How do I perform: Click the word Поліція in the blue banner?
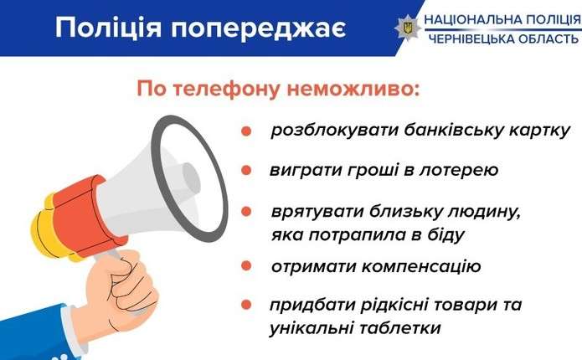click(x=108, y=28)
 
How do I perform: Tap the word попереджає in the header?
click(x=258, y=29)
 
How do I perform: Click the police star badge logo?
click(x=408, y=28)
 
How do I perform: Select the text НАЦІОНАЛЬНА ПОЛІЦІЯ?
click(x=503, y=19)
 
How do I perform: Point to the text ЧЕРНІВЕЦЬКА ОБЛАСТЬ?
click(x=503, y=39)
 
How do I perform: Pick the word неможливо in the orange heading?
click(x=353, y=89)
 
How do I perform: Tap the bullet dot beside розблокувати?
click(x=246, y=131)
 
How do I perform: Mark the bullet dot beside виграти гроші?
click(x=246, y=170)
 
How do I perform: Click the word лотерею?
click(x=458, y=170)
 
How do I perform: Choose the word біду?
click(x=445, y=235)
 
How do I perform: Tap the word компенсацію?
click(x=421, y=267)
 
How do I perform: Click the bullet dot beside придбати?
click(x=246, y=305)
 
